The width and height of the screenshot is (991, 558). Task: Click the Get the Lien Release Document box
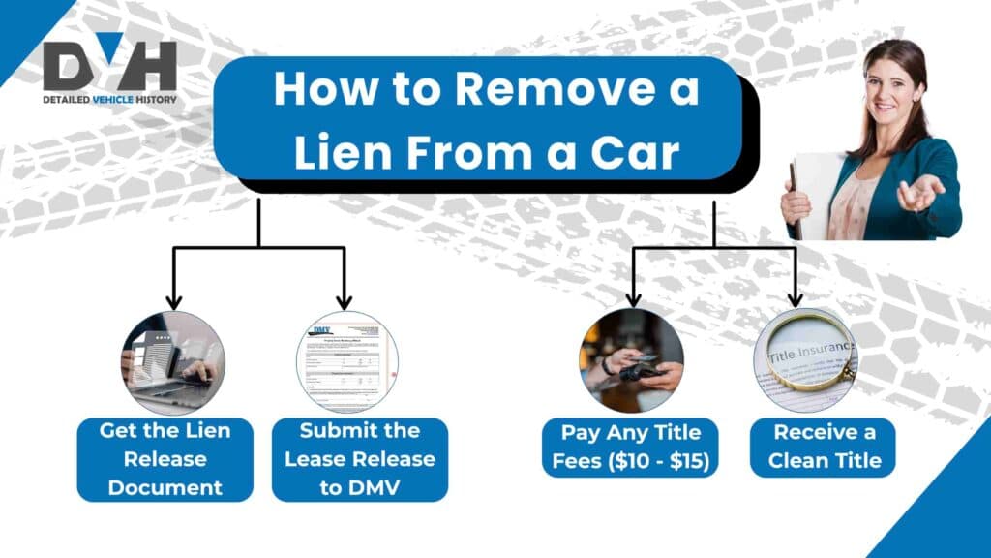click(x=165, y=459)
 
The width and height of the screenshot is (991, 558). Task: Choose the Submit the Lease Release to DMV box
click(x=359, y=459)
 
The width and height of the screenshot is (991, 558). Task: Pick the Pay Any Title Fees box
click(x=631, y=447)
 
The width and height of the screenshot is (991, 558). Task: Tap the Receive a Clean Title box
click(x=823, y=447)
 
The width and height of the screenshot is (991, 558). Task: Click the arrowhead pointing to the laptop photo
click(x=173, y=302)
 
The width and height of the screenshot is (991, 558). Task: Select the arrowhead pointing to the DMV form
click(x=345, y=302)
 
